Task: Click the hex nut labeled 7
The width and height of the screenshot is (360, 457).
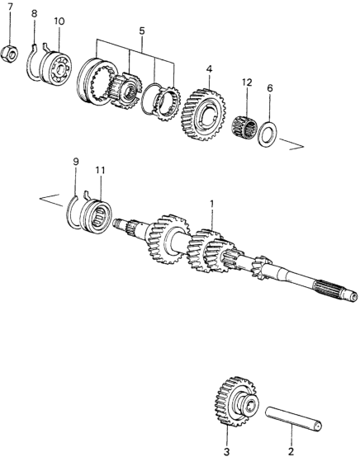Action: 9,54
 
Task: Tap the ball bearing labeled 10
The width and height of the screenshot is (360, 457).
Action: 55,68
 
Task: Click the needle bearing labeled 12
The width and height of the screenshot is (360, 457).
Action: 245,126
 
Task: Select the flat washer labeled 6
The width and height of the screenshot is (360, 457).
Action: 268,134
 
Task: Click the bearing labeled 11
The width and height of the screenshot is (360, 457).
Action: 96,215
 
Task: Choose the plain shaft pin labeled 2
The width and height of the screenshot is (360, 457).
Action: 293,417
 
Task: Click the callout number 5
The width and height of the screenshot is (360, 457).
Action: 142,31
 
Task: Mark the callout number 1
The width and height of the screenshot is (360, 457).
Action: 212,204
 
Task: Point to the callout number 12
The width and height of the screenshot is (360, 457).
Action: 247,82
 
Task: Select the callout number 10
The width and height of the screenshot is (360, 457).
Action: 59,21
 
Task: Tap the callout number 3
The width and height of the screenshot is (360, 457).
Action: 227,452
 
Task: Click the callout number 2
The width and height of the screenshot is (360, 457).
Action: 291,452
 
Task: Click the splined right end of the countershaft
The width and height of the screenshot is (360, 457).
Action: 335,290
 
